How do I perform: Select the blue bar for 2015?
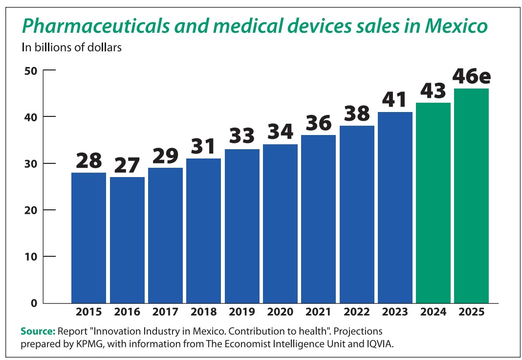point(88,238)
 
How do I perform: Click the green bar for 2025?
point(471,196)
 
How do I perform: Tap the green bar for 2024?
point(433,202)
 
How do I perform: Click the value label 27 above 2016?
point(127,165)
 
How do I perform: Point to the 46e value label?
point(471,76)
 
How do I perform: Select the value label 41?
point(395,100)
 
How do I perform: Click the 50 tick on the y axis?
point(31,70)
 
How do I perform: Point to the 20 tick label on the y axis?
point(31,210)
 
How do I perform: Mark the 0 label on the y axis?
point(34,303)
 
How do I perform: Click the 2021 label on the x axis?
point(318,312)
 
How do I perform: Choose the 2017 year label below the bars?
point(165,312)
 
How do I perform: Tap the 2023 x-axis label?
point(395,312)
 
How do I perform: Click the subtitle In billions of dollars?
point(71,47)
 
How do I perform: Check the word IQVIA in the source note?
point(377,343)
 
